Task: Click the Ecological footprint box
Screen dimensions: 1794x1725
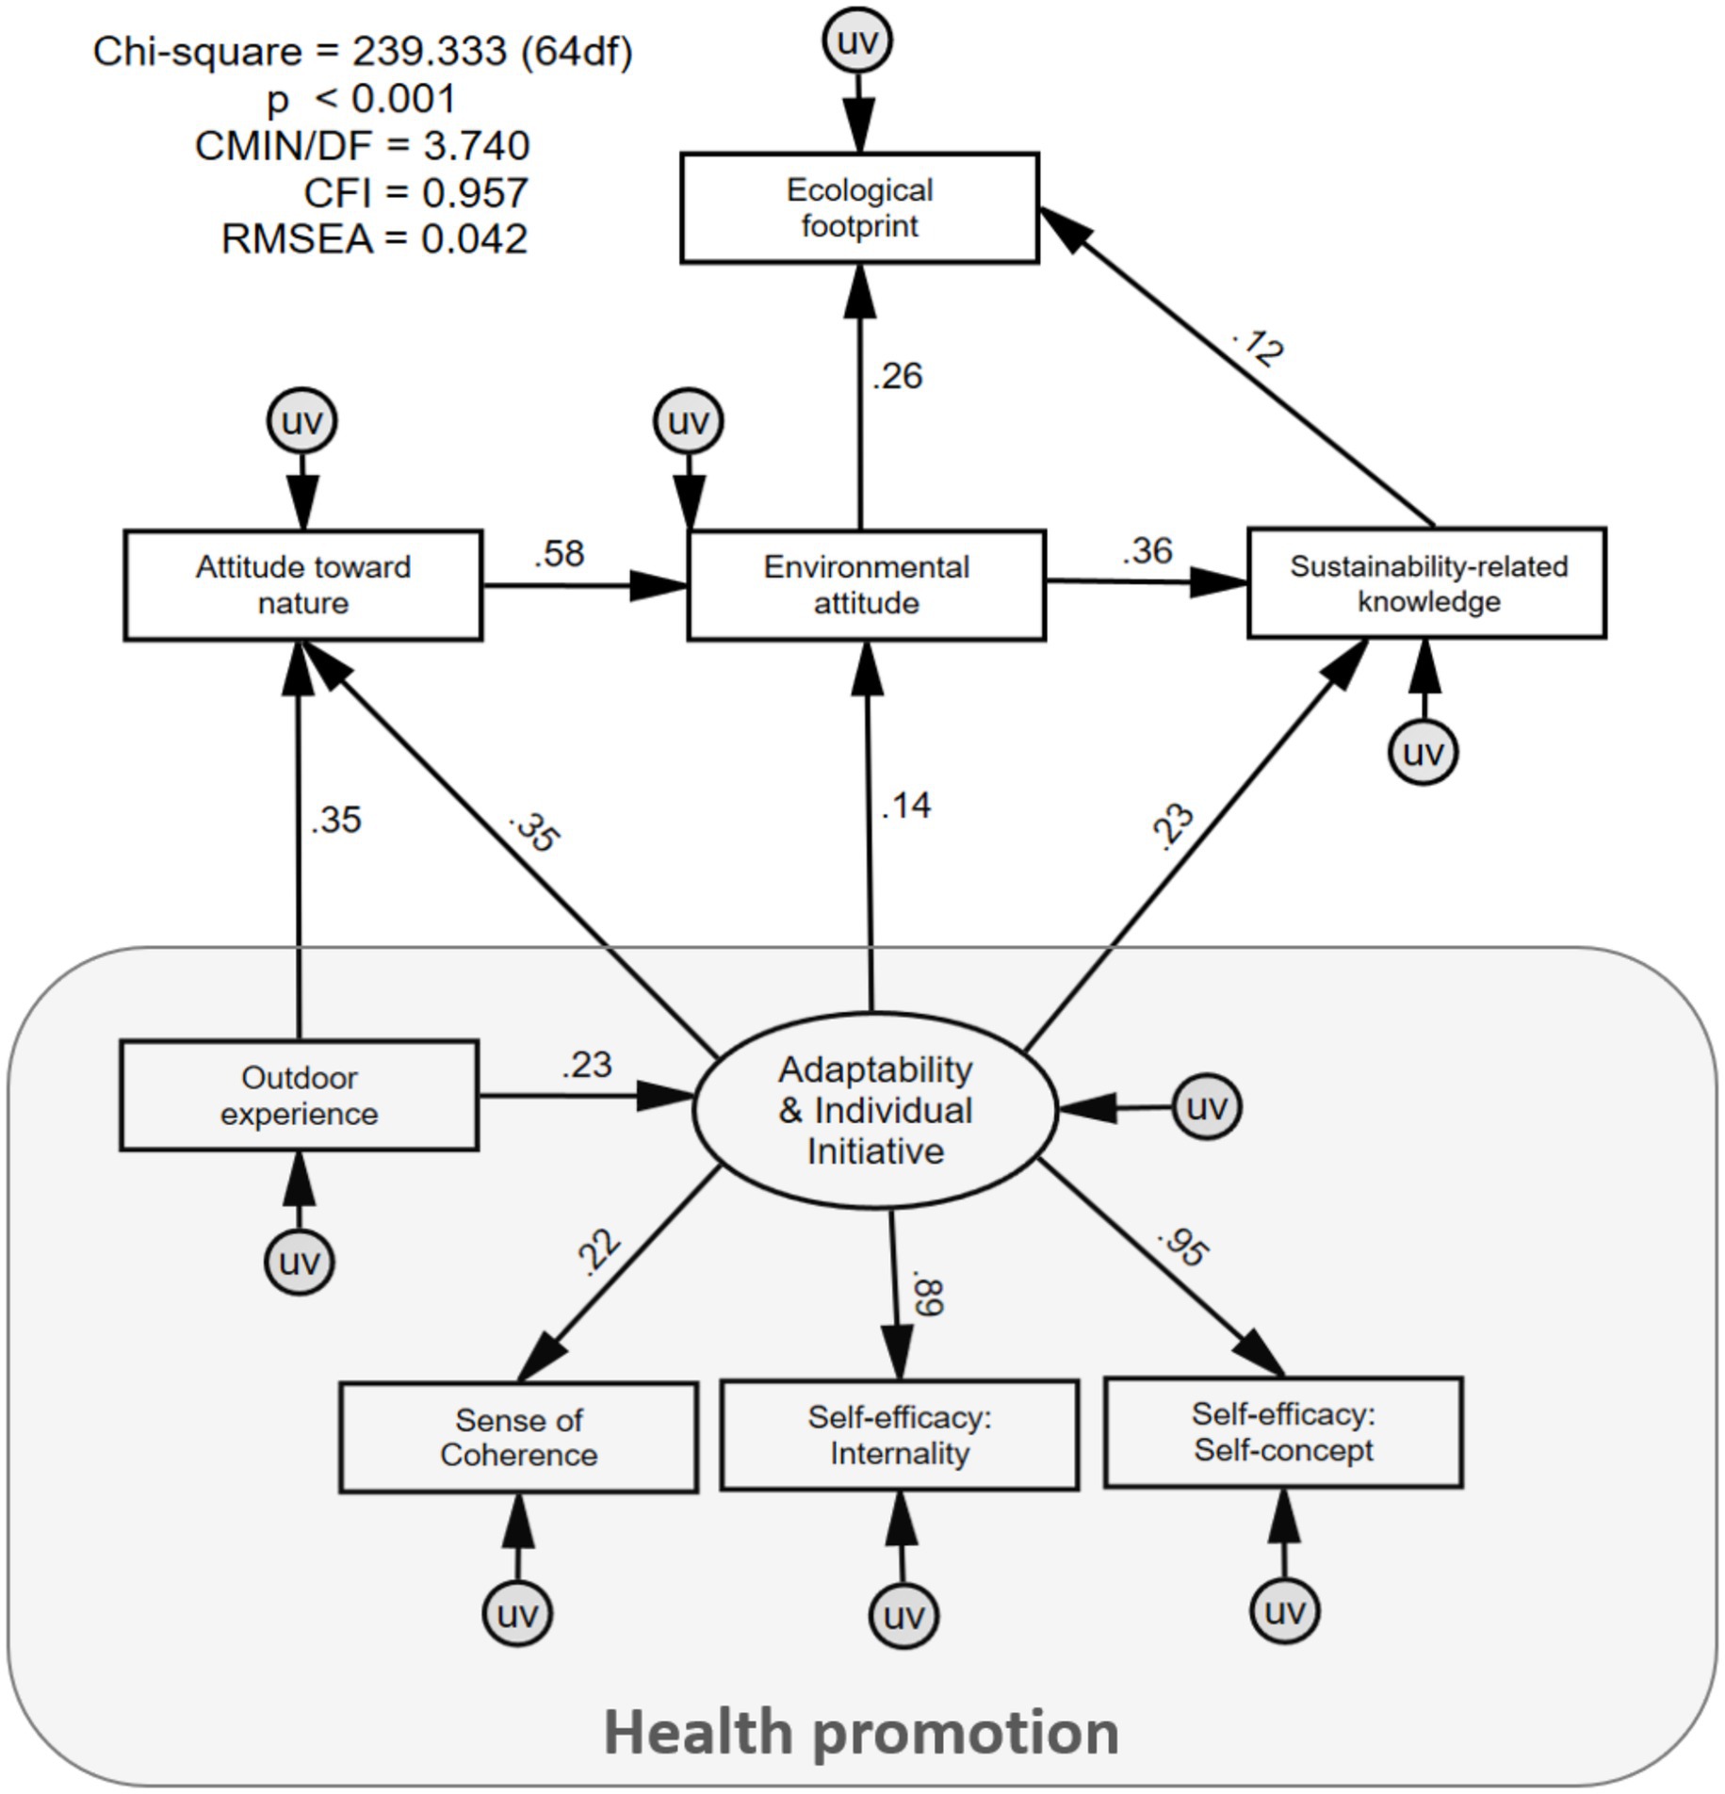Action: tap(859, 207)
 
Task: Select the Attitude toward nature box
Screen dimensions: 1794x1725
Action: tap(302, 585)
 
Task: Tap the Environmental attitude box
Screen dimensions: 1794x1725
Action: tap(866, 585)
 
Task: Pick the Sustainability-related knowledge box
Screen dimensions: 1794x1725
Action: tap(1426, 583)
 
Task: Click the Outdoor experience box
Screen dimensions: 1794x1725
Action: tap(299, 1095)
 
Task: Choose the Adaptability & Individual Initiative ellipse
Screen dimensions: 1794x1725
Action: tap(874, 1110)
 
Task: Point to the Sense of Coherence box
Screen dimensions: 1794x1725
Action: tap(518, 1437)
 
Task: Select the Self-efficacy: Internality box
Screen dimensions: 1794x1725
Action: tap(899, 1435)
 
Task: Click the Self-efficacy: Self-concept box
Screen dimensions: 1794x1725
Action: tap(1283, 1432)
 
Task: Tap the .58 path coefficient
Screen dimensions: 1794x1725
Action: tap(560, 554)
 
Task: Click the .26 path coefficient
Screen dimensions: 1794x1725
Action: tap(898, 376)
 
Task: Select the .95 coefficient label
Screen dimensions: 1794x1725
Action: tap(1183, 1247)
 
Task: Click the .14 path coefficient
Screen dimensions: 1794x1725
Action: tap(906, 806)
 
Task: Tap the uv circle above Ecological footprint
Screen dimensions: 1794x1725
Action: tap(857, 41)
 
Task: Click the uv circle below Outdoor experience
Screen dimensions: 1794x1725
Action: tap(300, 1262)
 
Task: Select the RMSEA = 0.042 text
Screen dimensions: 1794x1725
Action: tap(374, 239)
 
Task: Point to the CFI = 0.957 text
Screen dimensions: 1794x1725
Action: tap(415, 193)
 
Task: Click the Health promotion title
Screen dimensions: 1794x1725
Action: tap(861, 1733)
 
